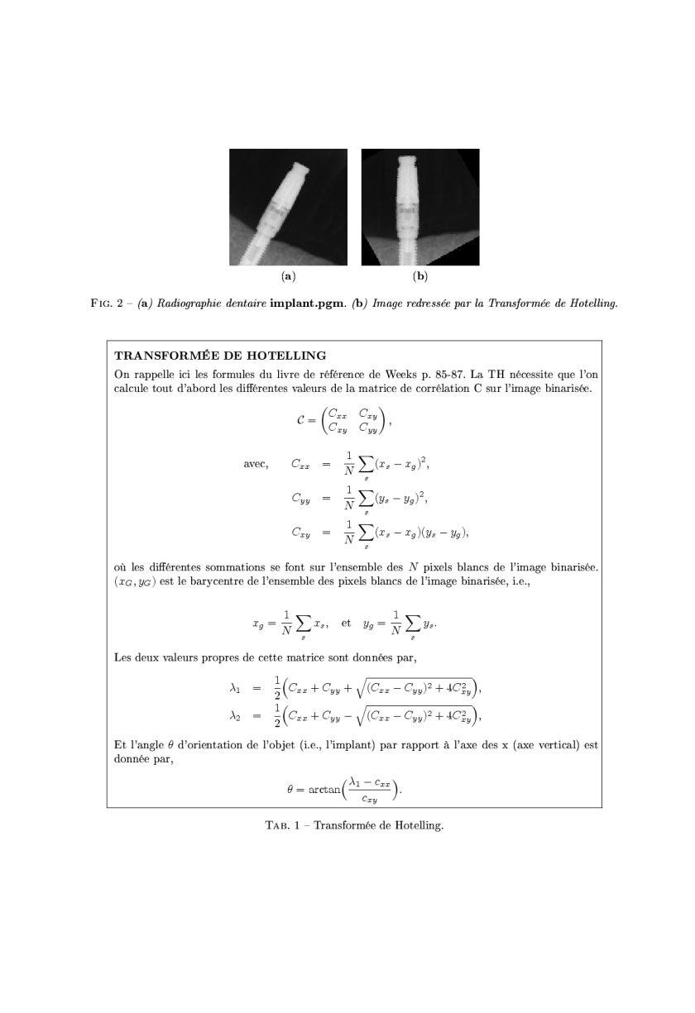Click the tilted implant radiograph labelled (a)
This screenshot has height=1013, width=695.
(288, 207)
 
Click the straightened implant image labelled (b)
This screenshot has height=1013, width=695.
(420, 207)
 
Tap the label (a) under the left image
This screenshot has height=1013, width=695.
(288, 275)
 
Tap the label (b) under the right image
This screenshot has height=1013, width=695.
(420, 275)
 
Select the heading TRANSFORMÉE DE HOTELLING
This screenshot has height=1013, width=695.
(220, 356)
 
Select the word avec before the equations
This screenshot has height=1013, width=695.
(255, 464)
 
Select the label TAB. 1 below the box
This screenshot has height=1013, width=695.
(280, 824)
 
